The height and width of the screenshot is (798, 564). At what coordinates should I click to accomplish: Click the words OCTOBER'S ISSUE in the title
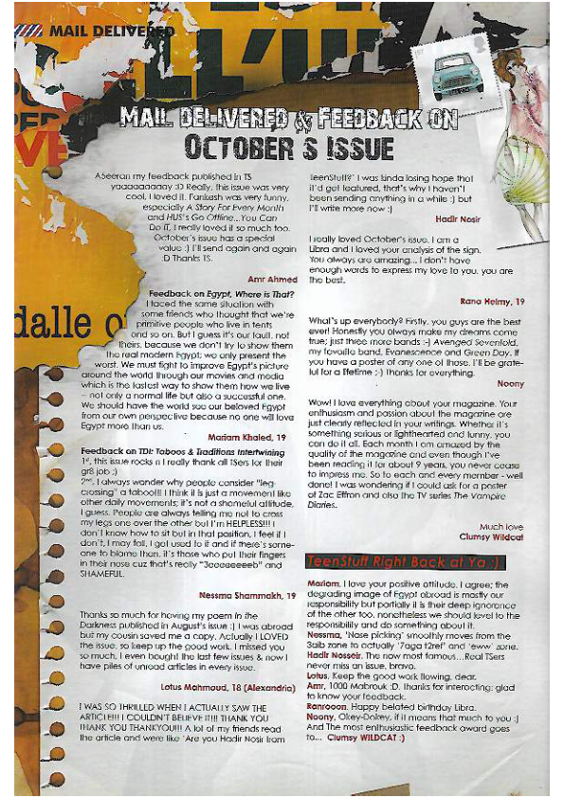point(288,148)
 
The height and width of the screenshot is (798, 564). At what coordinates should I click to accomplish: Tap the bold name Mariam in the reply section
point(323,585)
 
